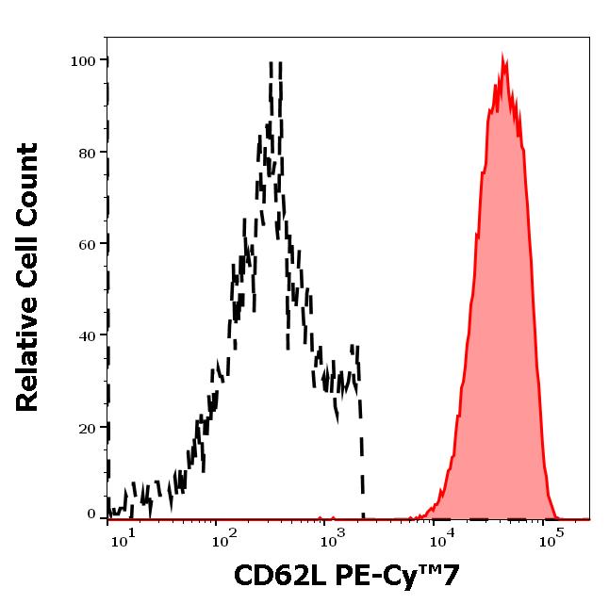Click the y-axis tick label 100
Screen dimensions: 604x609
(83, 61)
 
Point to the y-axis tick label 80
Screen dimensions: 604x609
(87, 153)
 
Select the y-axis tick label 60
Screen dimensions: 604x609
(87, 244)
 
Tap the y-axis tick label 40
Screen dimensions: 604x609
(87, 335)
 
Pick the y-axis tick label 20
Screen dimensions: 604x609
(87, 427)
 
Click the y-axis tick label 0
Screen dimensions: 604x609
(91, 515)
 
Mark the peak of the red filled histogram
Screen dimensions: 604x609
(503, 57)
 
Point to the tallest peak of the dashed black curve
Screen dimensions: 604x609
(276, 64)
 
